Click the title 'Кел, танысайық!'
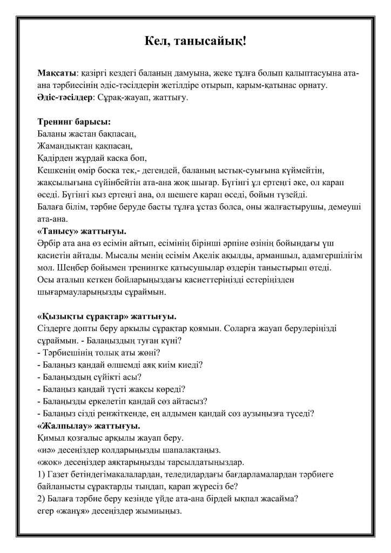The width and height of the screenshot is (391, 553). (195, 42)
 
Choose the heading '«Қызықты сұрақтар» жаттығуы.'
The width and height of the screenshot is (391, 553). (108, 316)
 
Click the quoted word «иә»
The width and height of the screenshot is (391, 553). (46, 450)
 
